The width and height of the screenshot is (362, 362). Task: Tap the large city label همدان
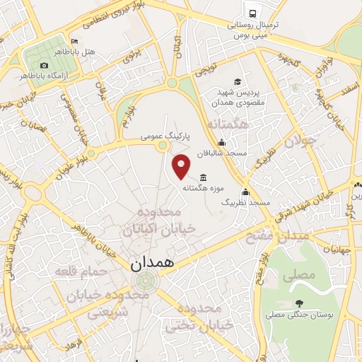tap(154, 262)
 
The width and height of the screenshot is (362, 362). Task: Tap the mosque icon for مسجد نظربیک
tap(245, 192)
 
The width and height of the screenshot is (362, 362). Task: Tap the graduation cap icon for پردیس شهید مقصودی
tap(237, 81)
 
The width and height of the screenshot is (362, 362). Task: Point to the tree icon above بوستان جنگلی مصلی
tap(298, 303)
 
